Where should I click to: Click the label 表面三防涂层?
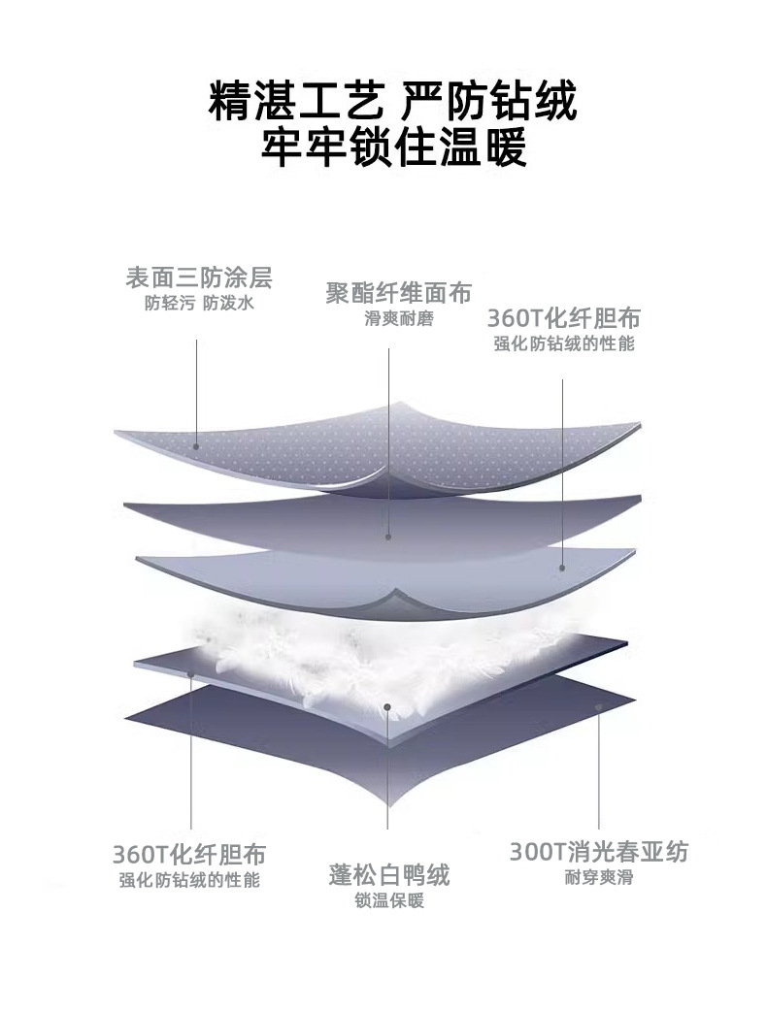coord(199,278)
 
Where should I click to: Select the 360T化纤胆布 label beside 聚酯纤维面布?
coord(563,318)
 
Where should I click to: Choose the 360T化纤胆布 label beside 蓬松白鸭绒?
coord(189,855)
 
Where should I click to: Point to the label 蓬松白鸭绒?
coord(388,875)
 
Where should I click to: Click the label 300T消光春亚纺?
coord(599,853)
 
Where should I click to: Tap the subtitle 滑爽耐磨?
coord(398,319)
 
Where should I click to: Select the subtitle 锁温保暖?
coord(388,901)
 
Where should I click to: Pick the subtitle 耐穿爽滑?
coord(599,879)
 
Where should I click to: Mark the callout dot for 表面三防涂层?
coord(196,447)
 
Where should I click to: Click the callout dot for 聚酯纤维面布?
coord(388,535)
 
